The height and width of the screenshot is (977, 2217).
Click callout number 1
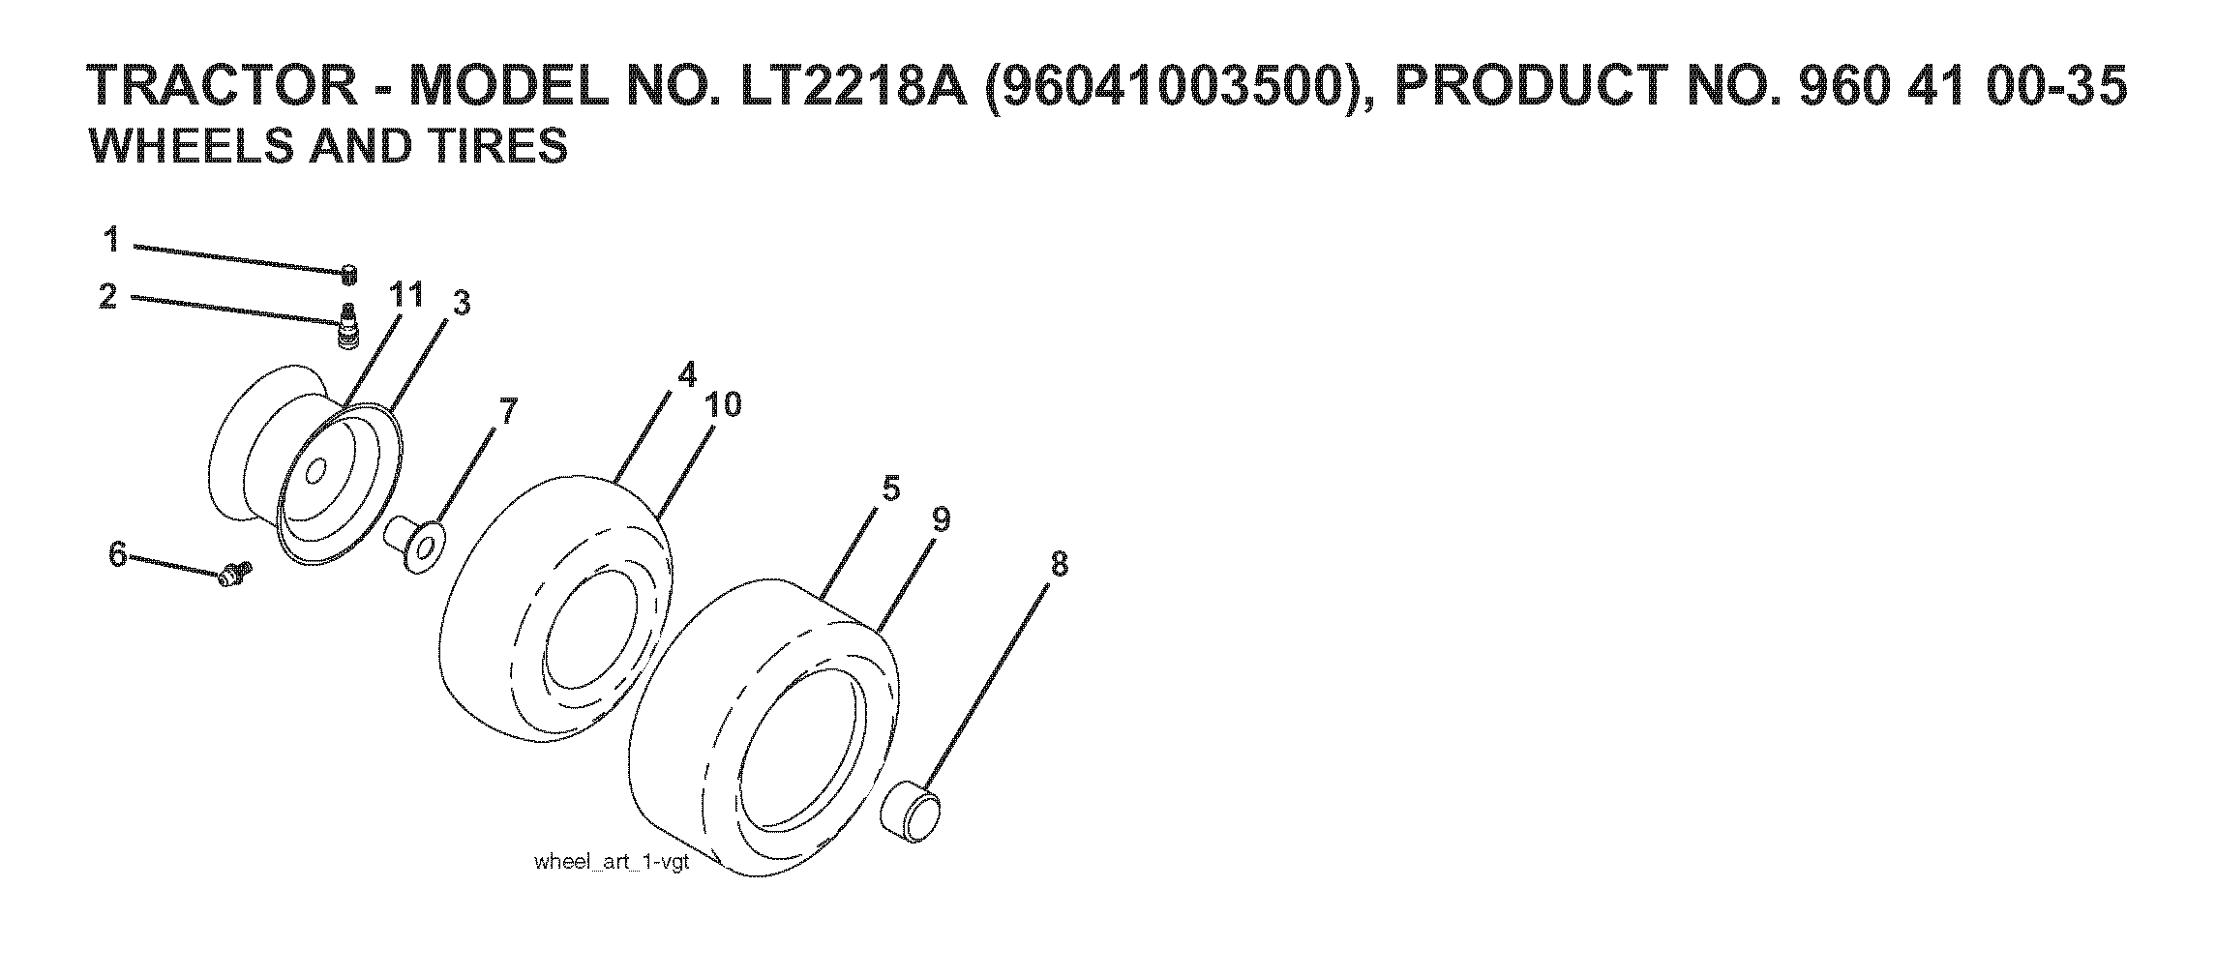pos(112,239)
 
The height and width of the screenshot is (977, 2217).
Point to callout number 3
pos(462,304)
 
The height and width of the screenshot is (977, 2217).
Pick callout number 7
pos(509,411)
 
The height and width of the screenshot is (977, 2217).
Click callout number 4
pos(686,374)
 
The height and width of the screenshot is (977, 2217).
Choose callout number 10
pos(723,404)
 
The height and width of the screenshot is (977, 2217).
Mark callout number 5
pos(891,489)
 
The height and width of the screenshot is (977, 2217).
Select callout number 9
pos(941,520)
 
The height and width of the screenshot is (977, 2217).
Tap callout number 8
pos(1059,564)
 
